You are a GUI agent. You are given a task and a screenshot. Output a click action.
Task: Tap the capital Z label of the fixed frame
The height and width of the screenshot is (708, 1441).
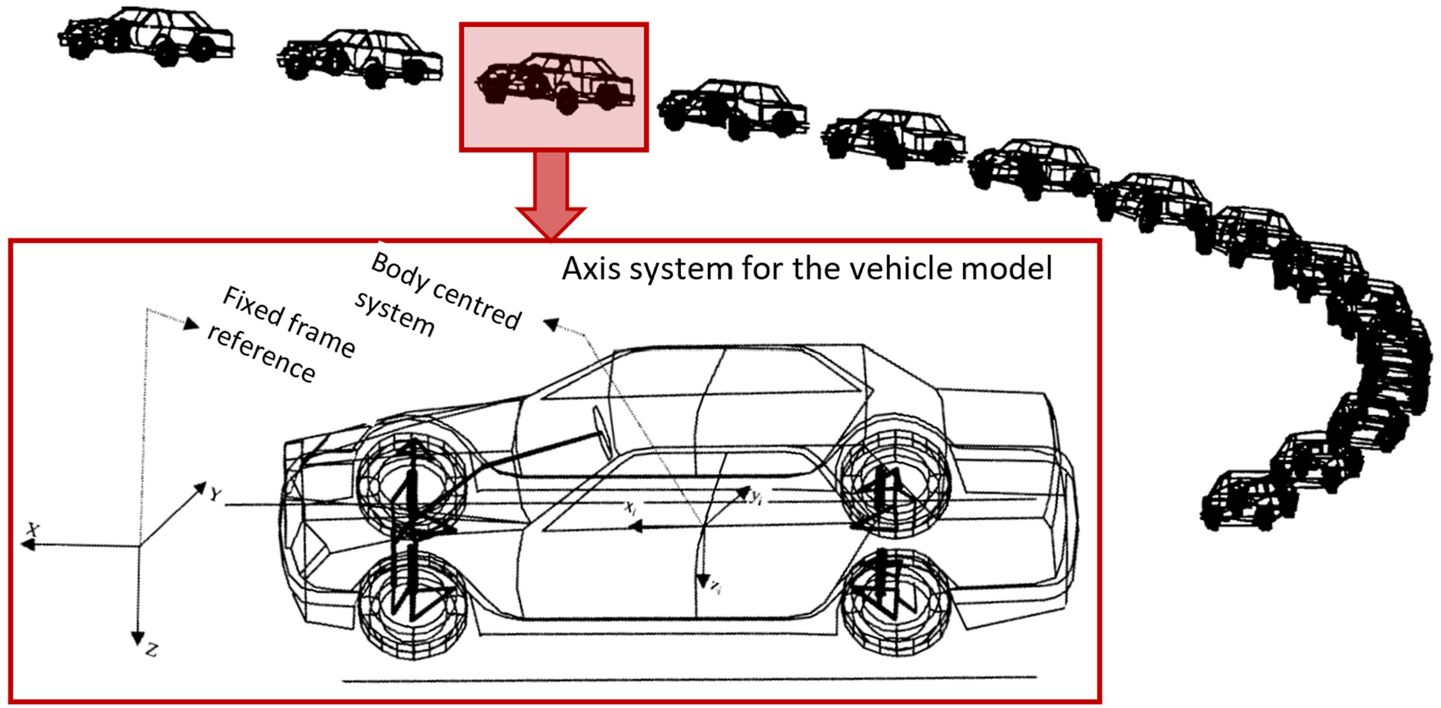151,650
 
